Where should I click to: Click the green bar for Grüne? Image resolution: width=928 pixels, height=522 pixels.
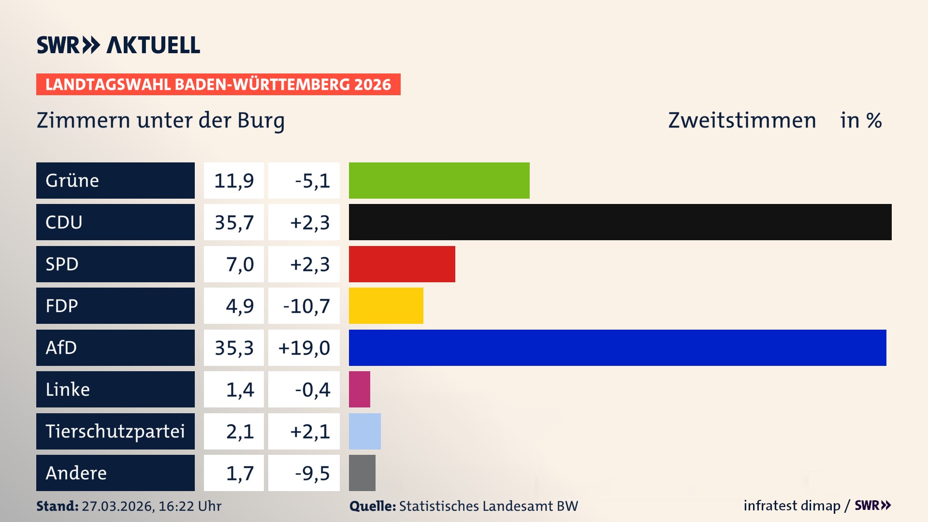point(439,180)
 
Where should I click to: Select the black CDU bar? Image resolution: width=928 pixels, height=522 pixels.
point(620,222)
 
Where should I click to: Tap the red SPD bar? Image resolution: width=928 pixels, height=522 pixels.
point(402,264)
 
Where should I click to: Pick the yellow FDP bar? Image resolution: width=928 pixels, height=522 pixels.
point(386,305)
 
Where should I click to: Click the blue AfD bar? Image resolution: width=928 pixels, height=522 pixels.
point(617,348)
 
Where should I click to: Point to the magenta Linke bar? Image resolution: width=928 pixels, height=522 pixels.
point(359,389)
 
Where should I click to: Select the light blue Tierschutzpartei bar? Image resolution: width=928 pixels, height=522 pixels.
point(364,431)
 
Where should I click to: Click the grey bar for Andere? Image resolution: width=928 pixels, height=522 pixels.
point(362,473)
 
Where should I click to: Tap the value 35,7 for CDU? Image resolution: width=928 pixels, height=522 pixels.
point(234,222)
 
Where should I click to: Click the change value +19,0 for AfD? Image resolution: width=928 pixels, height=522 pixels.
point(304,348)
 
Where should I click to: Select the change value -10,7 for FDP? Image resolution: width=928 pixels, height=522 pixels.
point(306,306)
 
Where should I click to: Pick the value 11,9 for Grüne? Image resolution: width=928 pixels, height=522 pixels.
point(234,180)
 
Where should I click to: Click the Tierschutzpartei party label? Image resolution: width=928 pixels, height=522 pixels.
point(115,431)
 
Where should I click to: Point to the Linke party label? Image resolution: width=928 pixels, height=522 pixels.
point(68,389)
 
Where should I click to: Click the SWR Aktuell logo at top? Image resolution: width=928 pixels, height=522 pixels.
point(118,45)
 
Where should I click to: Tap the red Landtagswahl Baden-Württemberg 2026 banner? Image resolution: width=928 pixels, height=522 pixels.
point(218,84)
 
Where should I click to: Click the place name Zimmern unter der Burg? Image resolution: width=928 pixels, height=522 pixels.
point(160,120)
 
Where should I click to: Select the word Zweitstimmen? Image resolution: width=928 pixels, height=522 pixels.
point(742,120)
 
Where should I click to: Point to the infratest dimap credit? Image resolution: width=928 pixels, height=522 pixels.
point(791,506)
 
